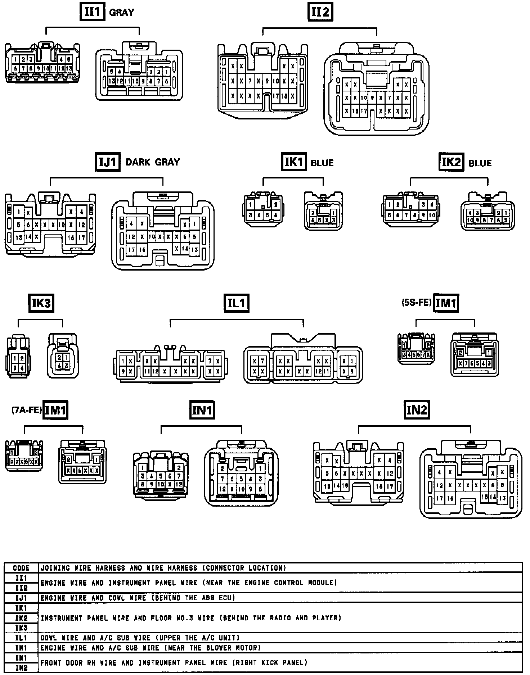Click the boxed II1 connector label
[92, 12]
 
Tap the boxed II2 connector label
[320, 12]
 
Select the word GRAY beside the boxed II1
[121, 13]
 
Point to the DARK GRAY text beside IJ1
[152, 162]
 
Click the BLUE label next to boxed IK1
[322, 163]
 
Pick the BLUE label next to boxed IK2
[480, 163]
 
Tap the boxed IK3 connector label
[41, 303]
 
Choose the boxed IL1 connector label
[236, 303]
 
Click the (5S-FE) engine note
[416, 303]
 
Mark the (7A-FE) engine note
[27, 410]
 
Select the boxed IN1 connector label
[202, 410]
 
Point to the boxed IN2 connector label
[417, 409]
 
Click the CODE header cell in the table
[21, 568]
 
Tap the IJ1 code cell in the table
[21, 598]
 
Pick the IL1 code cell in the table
[21, 638]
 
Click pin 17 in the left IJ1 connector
[82, 238]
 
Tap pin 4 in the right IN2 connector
[440, 472]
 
